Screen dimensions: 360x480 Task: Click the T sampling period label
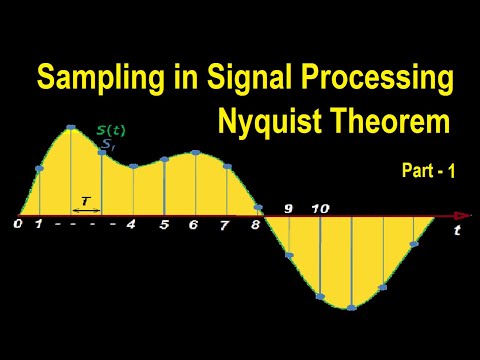coord(86,201)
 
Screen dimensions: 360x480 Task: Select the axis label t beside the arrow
coord(457,231)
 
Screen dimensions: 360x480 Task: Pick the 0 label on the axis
coord(17,224)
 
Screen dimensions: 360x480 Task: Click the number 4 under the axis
coord(131,224)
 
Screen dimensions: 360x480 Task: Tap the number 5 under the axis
coord(164,225)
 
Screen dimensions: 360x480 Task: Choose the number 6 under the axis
coord(193,225)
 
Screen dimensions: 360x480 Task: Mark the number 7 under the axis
coord(224,225)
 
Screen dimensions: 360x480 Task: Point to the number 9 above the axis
coord(288,208)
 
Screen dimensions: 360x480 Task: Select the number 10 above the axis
coord(320,208)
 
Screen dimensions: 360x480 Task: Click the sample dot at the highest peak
coord(71,128)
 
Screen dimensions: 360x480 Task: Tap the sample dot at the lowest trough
coord(351,306)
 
